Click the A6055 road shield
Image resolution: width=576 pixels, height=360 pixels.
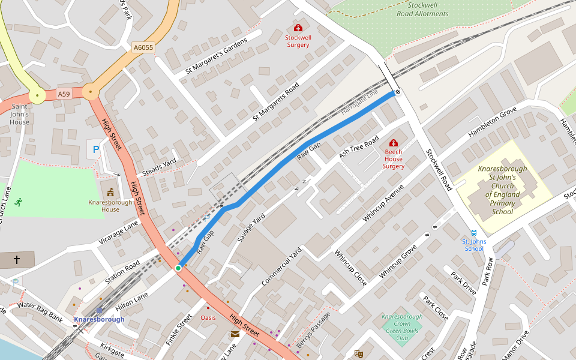143,47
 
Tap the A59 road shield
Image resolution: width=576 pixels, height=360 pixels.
64,94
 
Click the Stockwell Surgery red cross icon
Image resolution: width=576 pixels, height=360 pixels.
298,28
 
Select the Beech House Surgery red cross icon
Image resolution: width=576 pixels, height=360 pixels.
394,143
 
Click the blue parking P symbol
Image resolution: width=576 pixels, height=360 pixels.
94,148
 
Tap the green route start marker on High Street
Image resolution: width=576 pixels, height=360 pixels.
178,268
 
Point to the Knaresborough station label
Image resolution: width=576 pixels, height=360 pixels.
99,319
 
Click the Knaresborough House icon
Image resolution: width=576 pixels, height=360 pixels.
110,193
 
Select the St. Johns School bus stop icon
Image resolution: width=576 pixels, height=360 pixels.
474,233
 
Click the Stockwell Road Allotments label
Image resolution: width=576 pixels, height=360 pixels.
423,9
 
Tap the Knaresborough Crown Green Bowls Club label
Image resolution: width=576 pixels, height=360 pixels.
402,327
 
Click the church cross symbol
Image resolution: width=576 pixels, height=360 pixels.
17,260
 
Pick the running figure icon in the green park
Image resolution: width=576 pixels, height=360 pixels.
19,202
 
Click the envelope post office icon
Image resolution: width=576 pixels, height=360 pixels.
235,334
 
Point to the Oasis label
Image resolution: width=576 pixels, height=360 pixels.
208,317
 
